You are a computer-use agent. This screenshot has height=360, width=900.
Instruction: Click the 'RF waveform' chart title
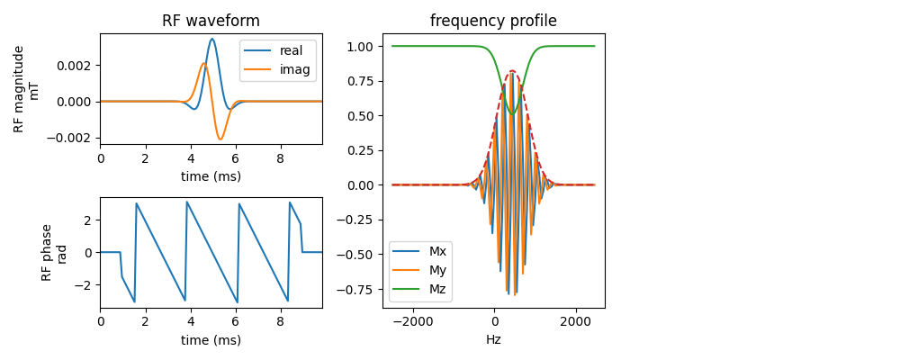click(211, 22)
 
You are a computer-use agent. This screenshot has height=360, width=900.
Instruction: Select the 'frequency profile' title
click(493, 22)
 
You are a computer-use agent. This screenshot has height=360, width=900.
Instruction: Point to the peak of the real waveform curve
click(211, 39)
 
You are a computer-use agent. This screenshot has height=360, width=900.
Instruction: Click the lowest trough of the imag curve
click(220, 139)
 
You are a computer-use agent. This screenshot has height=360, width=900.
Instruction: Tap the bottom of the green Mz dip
click(513, 114)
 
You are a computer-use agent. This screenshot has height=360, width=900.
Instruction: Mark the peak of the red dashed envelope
click(512, 71)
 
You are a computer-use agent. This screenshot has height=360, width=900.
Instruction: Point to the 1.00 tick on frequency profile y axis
click(362, 47)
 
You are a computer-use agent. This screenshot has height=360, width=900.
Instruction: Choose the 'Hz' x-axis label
click(493, 339)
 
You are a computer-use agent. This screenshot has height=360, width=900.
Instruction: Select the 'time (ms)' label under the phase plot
click(211, 340)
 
